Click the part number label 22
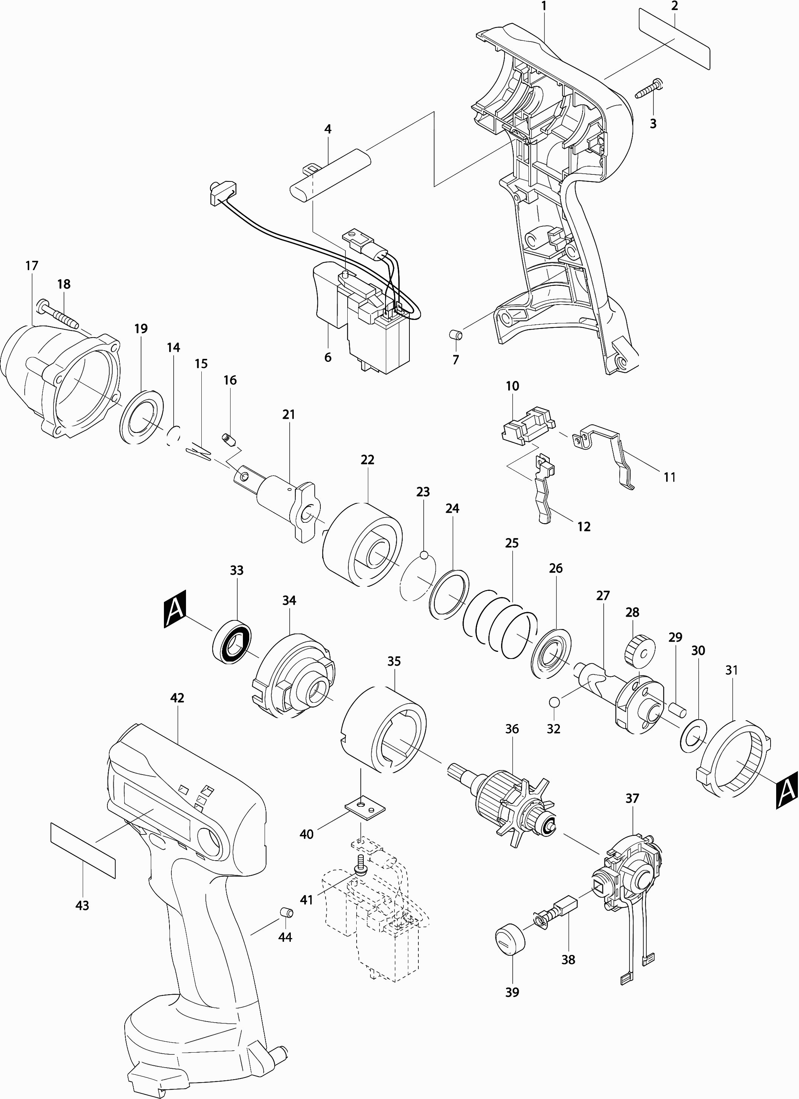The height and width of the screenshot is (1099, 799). tap(367, 460)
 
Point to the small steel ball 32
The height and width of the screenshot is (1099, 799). tap(555, 702)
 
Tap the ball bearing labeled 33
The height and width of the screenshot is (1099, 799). tap(232, 639)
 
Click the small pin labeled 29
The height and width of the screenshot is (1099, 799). tap(677, 709)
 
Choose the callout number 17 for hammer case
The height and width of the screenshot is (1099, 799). tap(32, 266)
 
